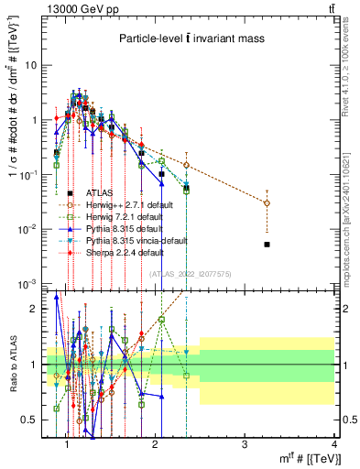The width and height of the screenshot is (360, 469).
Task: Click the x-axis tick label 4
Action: point(333,445)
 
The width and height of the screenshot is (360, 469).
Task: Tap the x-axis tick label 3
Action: point(245,445)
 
